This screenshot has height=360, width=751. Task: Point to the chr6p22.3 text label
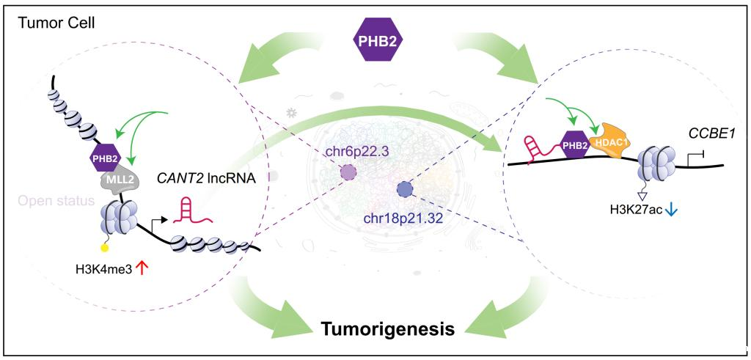point(355,153)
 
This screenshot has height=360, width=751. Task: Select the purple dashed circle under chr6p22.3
point(348,173)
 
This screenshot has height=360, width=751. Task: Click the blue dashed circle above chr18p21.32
point(405,191)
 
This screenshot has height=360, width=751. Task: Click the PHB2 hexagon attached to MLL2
point(105,156)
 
